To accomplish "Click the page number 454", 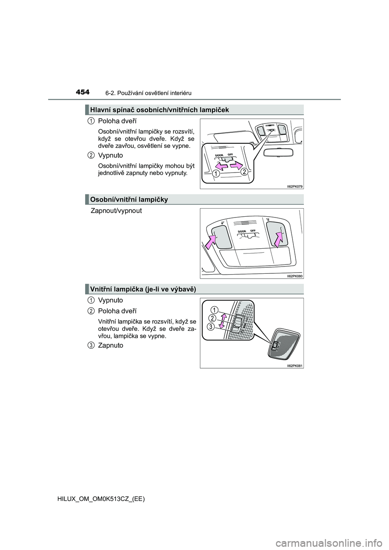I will click(x=83, y=92).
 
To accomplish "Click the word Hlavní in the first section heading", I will click(x=100, y=110).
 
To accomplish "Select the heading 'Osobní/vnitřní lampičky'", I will click(x=129, y=199).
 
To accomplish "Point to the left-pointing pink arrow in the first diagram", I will click(x=221, y=166).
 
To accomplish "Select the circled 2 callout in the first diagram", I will click(x=244, y=173).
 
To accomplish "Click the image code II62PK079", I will click(x=295, y=186).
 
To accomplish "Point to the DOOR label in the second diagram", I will click(x=242, y=231).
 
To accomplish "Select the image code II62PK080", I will click(x=295, y=276).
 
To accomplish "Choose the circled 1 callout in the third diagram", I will click(x=214, y=310).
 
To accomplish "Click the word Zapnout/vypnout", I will click(x=116, y=211).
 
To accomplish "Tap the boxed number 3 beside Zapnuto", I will click(x=91, y=345).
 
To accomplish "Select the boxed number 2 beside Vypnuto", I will click(x=91, y=155).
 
